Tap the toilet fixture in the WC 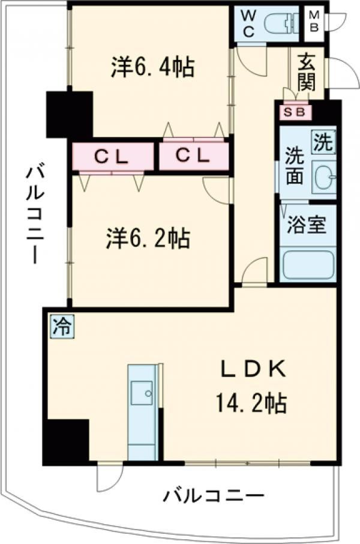[282, 23]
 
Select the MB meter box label [314, 23]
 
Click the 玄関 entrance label [306, 71]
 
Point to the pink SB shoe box [295, 112]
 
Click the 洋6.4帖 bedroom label [152, 67]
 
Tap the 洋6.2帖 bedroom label [148, 239]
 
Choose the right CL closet [193, 157]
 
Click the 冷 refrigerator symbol [61, 328]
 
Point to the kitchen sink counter [144, 411]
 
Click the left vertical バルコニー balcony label [34, 214]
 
